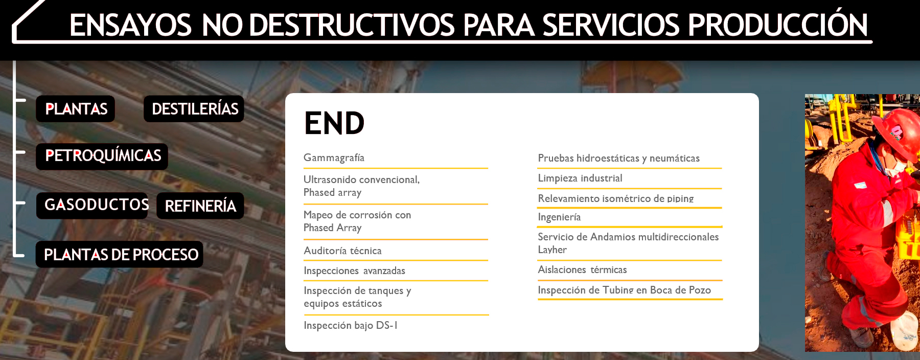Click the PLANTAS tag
coord(76,109)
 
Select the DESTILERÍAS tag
coord(194,109)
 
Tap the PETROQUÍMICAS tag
coord(102,156)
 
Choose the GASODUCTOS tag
coord(93,206)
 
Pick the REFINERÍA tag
coord(200,206)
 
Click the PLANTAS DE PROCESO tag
coord(120,254)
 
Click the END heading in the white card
coord(334,123)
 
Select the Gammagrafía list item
coord(334,158)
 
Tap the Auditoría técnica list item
coord(342,251)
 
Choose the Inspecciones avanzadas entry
coord(354,271)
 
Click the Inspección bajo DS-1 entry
coord(350,325)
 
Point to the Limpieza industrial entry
coord(580,178)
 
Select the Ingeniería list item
coord(559,217)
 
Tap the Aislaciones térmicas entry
coord(582,269)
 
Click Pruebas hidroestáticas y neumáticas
coord(618,159)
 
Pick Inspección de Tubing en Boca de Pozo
coord(624,290)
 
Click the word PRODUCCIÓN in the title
coord(777,25)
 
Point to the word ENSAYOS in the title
coord(130,25)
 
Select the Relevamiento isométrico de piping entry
coord(615,198)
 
